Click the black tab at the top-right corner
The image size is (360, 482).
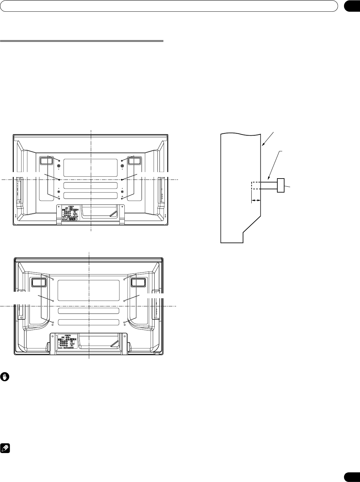[x=351, y=7]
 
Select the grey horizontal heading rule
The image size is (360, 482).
[x=82, y=41]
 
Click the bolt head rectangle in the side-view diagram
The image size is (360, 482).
[x=281, y=185]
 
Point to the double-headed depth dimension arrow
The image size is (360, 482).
[x=256, y=201]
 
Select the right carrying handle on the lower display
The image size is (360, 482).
[x=138, y=282]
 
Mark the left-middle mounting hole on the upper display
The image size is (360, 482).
[x=59, y=180]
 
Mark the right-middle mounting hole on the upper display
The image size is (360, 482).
[x=122, y=180]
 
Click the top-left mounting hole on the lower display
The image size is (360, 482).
[x=53, y=279]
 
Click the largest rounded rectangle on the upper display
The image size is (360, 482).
[x=90, y=168]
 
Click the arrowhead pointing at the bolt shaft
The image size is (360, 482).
[x=268, y=179]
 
